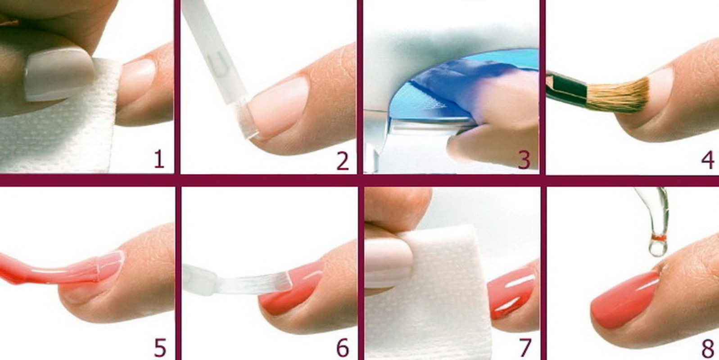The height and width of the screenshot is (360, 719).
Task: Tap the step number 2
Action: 343,161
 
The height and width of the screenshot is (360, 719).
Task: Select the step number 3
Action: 524,160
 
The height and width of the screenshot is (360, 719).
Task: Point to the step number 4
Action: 708,160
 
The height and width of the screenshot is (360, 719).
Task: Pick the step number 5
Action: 160,347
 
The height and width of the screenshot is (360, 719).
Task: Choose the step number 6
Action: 343,347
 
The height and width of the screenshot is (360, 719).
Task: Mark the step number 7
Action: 525,347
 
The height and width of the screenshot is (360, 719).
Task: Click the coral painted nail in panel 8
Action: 624,300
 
